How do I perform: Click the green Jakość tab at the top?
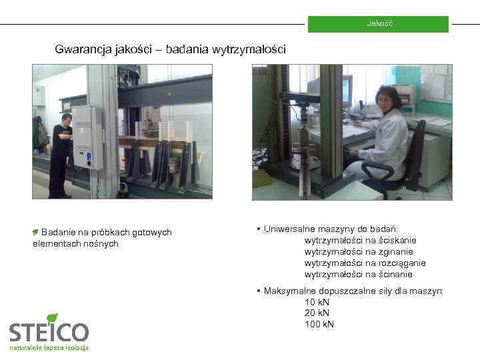(x=379, y=24)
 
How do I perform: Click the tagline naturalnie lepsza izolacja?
(x=49, y=349)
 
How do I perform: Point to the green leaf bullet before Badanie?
(x=36, y=232)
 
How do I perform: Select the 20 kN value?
(x=317, y=313)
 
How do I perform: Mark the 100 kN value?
(x=319, y=324)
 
